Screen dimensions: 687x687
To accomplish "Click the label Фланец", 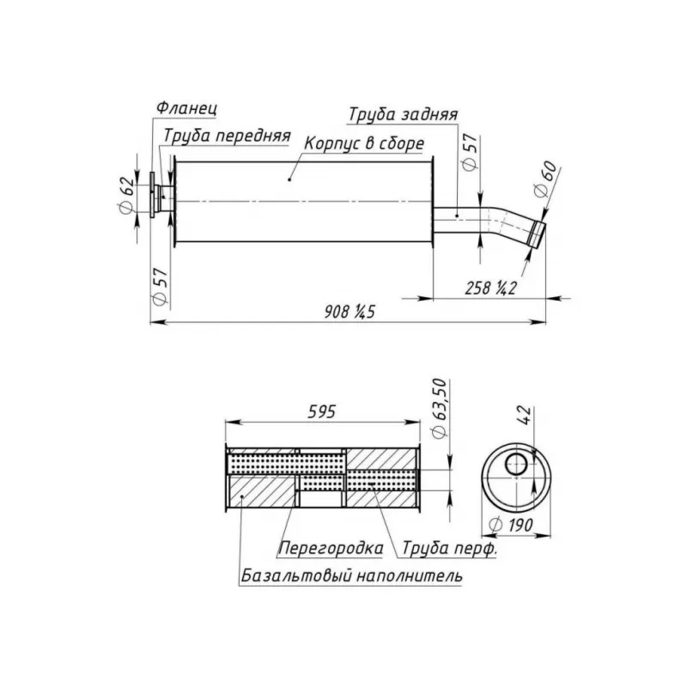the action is [x=186, y=108].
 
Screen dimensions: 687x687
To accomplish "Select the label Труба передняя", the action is [x=228, y=136].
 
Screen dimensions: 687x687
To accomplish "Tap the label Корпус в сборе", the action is [x=364, y=143].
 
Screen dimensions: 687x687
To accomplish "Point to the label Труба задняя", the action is [x=403, y=114].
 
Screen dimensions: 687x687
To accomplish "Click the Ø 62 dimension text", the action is [x=126, y=195].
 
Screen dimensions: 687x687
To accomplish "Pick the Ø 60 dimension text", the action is [x=545, y=179].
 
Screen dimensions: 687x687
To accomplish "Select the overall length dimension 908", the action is [x=350, y=312].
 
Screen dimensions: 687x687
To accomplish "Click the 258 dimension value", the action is [x=490, y=289].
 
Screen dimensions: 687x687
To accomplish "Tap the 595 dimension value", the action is [x=322, y=412].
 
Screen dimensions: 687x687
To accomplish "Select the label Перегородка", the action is [x=331, y=548].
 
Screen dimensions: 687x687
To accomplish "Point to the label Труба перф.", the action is [x=449, y=548].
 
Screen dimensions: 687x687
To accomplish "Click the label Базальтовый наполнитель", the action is [x=351, y=575].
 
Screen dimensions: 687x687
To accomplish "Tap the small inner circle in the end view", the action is [x=517, y=465].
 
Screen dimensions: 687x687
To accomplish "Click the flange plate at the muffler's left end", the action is [x=153, y=195].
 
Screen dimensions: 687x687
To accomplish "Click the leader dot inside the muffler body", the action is [x=289, y=179].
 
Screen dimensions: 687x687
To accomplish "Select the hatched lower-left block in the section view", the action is [x=262, y=491].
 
